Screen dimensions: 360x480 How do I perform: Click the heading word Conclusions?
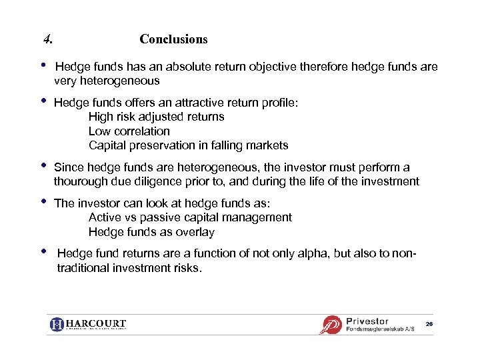click(x=173, y=39)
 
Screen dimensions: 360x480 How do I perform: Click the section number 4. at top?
click(x=47, y=39)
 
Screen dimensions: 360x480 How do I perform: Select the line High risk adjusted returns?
click(x=156, y=117)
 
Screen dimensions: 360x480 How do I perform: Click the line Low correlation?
click(x=129, y=131)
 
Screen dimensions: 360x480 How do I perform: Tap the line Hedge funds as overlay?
click(x=151, y=232)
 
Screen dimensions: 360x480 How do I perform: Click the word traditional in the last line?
click(x=87, y=268)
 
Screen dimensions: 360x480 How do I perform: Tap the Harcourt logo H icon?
click(x=57, y=325)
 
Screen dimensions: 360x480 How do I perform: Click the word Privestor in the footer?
click(x=367, y=321)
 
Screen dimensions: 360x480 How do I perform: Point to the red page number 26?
click(x=429, y=323)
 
